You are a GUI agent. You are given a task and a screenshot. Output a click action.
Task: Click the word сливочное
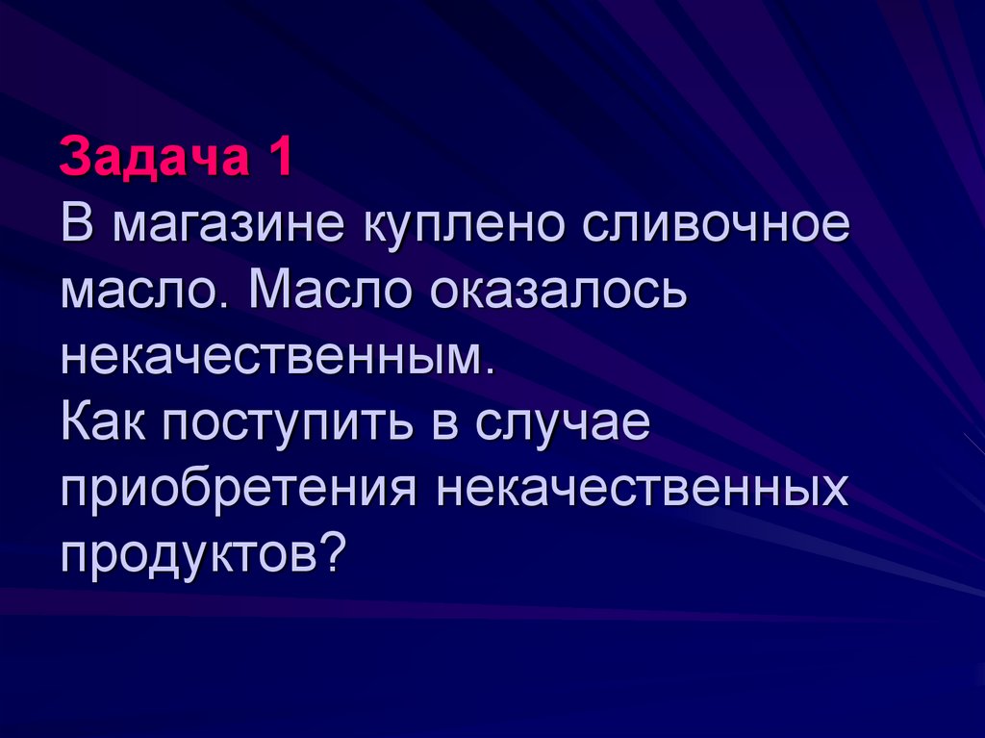pyautogui.click(x=713, y=227)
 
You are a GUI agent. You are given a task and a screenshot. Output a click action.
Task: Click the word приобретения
pyautogui.click(x=239, y=488)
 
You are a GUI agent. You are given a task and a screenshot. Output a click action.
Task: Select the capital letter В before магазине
pyautogui.click(x=78, y=227)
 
